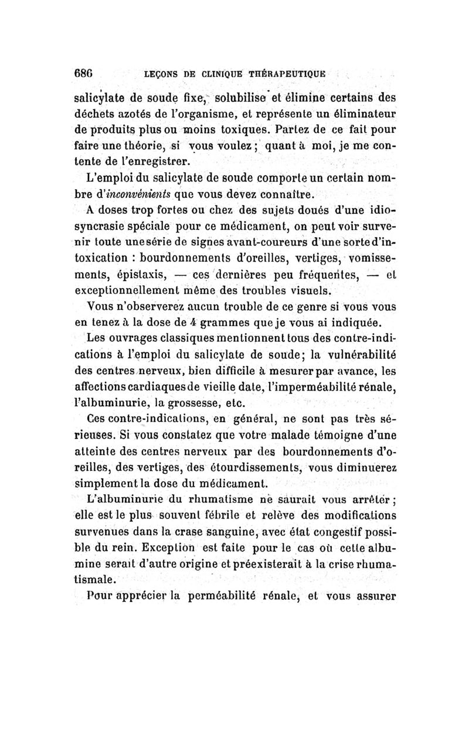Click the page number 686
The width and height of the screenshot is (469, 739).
pyautogui.click(x=87, y=74)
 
